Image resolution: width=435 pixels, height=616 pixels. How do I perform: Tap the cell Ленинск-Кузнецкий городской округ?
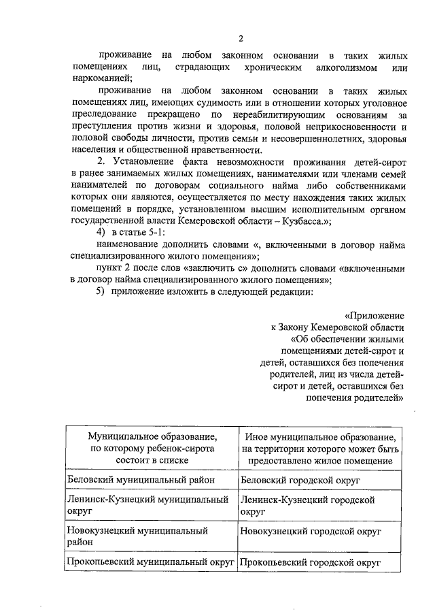point(308,505)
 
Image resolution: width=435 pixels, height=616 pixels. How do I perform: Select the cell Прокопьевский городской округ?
point(310,562)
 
